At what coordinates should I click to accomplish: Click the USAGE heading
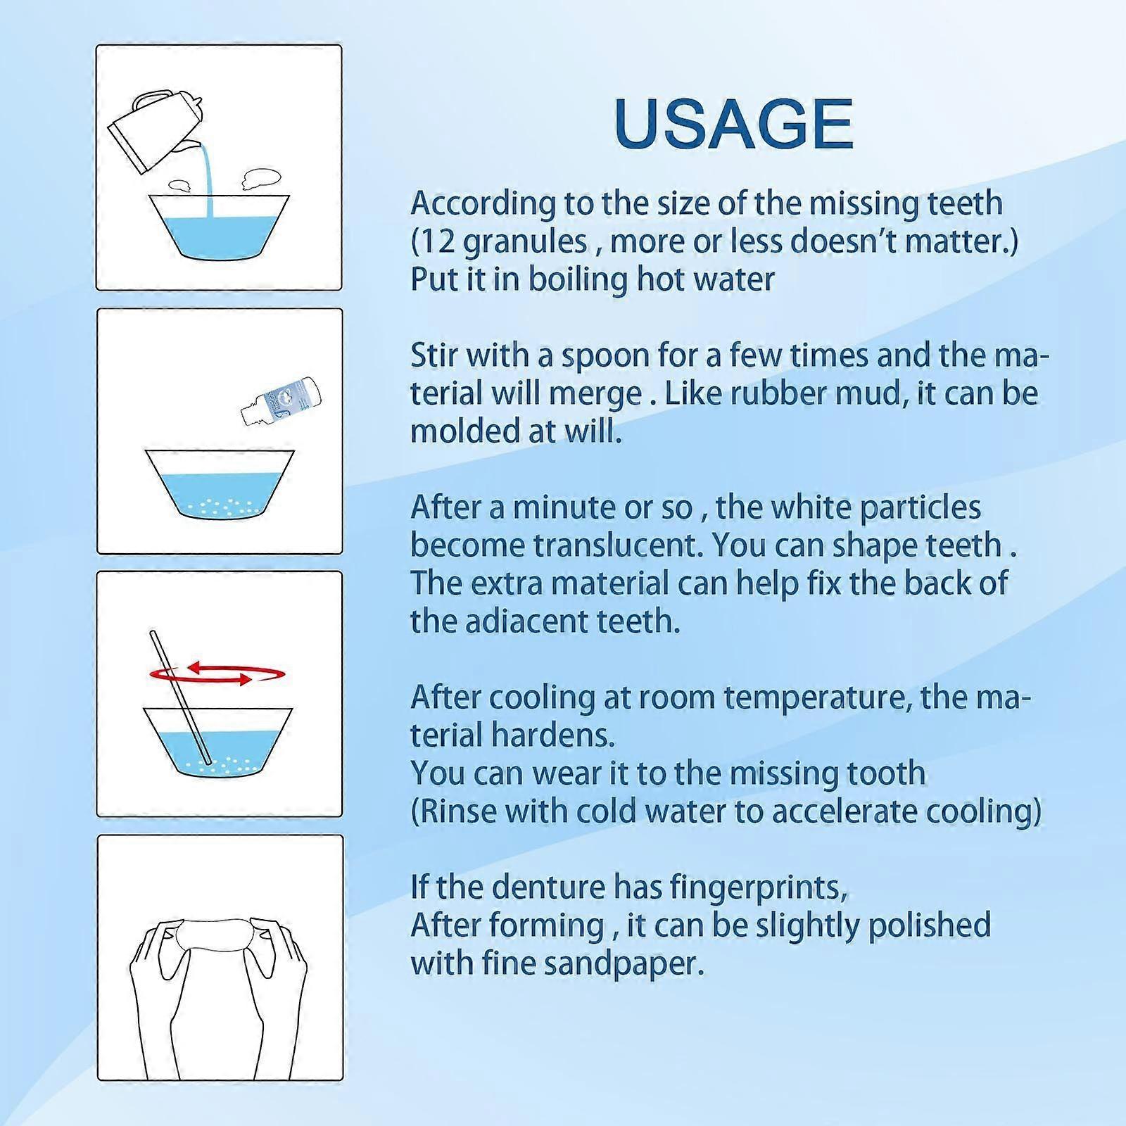(x=733, y=124)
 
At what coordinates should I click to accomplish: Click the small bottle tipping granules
(x=280, y=399)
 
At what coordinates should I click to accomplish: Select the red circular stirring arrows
(x=217, y=673)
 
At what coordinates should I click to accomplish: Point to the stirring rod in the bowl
(x=180, y=695)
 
